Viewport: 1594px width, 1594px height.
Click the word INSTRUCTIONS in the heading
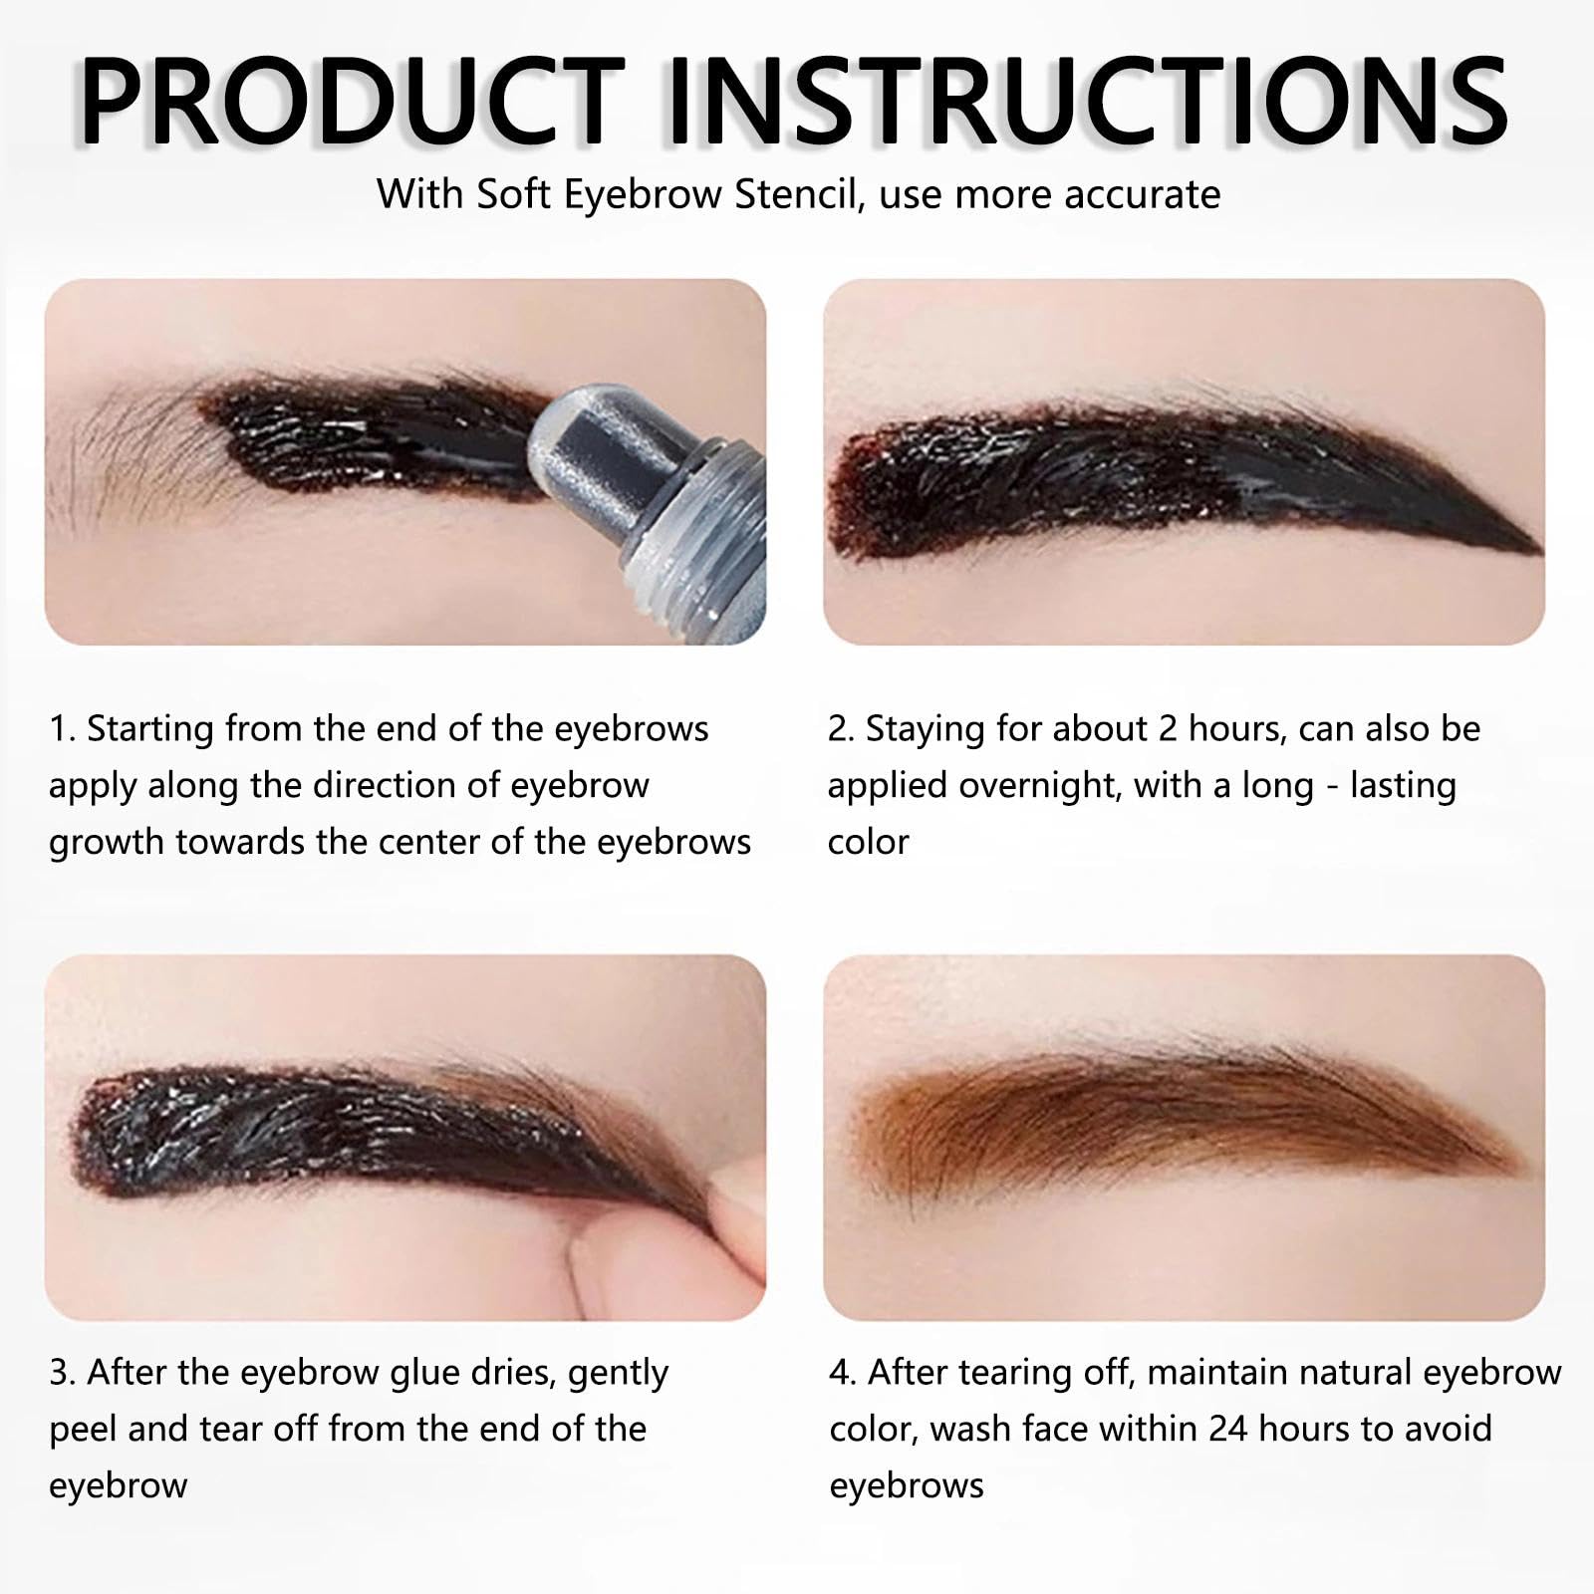[1087, 103]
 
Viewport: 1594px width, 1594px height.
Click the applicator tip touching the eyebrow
[572, 435]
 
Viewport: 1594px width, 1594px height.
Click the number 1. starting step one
[62, 729]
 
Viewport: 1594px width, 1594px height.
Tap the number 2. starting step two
[842, 729]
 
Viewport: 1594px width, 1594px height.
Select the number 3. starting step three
[62, 1373]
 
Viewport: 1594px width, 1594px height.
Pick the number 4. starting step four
[843, 1373]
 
